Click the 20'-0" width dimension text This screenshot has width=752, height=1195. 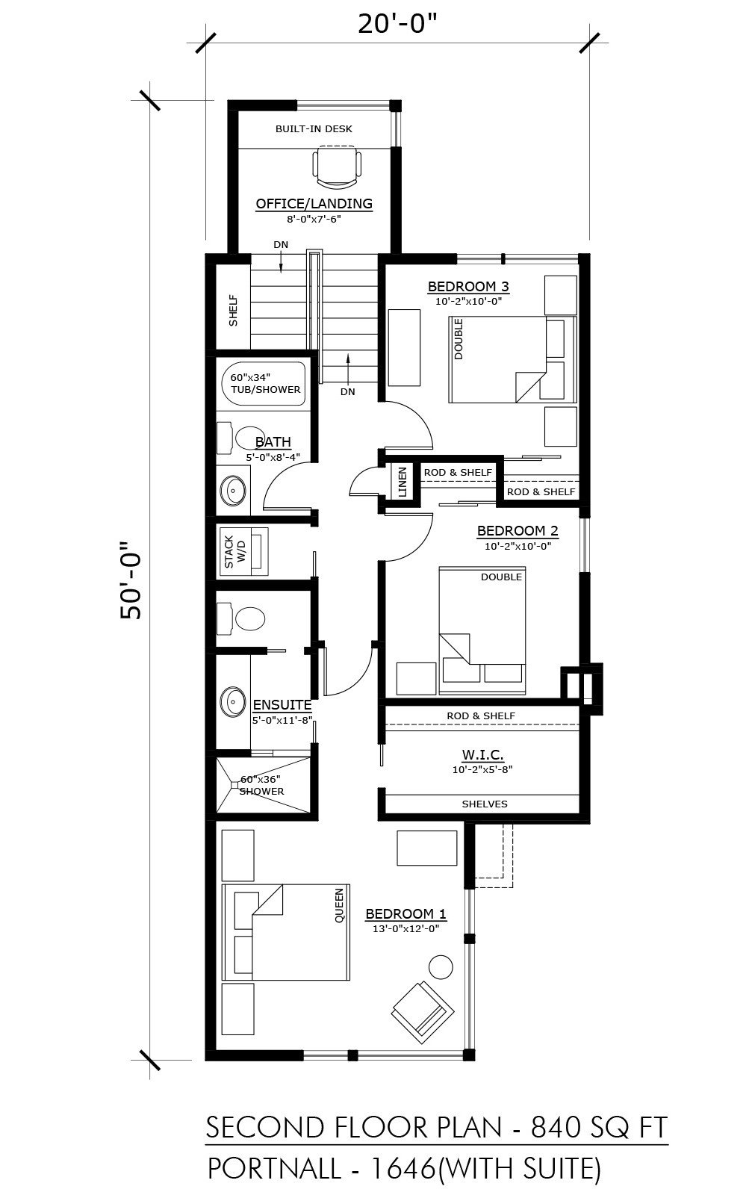[397, 24]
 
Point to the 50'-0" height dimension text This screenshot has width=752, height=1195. [131, 581]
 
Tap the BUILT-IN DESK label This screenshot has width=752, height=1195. [314, 128]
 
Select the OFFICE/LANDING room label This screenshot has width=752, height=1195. [314, 203]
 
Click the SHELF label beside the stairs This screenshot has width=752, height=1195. [233, 311]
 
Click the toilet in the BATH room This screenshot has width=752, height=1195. [241, 438]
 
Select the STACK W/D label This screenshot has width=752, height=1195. [235, 552]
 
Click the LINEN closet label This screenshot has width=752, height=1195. [403, 482]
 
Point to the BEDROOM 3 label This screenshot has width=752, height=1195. [468, 287]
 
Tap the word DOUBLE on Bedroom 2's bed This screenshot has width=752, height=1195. [501, 577]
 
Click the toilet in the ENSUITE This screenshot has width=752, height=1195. [240, 619]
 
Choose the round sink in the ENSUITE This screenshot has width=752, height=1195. [232, 699]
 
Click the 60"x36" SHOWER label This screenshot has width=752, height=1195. [261, 785]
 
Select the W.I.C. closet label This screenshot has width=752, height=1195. [482, 754]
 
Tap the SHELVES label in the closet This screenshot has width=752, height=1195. [484, 804]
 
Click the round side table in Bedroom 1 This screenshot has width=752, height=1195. [441, 966]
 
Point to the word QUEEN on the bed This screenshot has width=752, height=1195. [339, 905]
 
